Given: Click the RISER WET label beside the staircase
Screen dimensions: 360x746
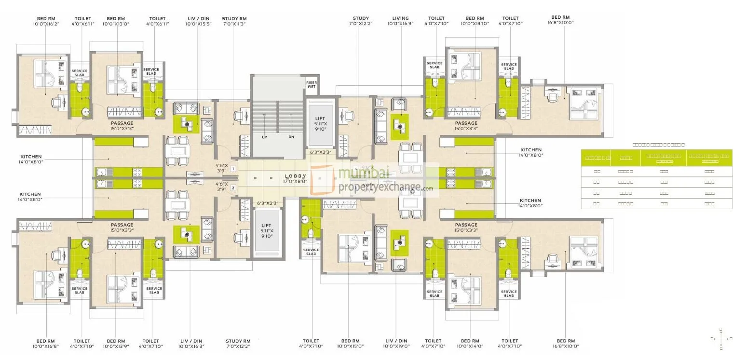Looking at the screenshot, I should coord(312,85).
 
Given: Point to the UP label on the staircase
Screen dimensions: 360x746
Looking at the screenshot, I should coord(264,137).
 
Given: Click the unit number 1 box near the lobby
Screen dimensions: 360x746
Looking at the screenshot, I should coord(232,169).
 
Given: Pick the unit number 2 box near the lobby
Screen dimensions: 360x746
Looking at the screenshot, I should coord(232,188).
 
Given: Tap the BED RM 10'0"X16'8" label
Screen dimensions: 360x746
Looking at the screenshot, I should coord(46,343).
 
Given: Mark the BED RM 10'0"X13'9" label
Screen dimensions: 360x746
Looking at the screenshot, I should coord(116,343).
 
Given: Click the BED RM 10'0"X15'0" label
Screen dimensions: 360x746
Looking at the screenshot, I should coord(351,343).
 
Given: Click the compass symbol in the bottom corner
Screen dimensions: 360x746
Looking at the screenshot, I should coord(721,339).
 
